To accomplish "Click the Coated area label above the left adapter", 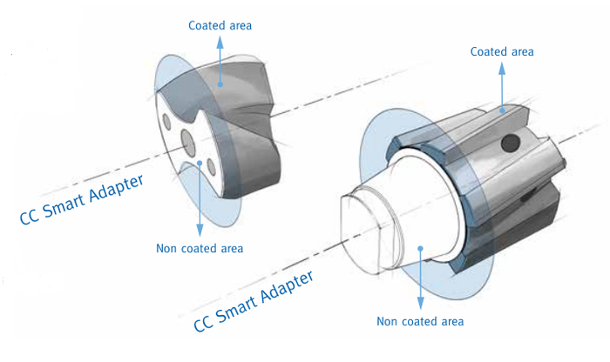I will [220, 25].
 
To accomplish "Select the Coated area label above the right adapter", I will [501, 51].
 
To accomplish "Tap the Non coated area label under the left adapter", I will [200, 248].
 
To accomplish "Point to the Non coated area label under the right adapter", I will [420, 321].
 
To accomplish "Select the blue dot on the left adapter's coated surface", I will [220, 84].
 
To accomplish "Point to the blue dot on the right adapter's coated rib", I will [501, 110].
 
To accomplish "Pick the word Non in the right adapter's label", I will [389, 321].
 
